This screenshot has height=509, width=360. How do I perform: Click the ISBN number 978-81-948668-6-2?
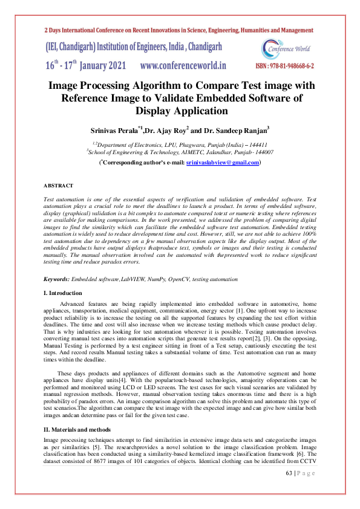click(285, 66)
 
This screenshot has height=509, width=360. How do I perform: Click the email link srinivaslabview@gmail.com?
click(223, 163)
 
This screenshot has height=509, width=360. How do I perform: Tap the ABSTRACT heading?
click(59, 185)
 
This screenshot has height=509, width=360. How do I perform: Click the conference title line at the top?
click(178, 30)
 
